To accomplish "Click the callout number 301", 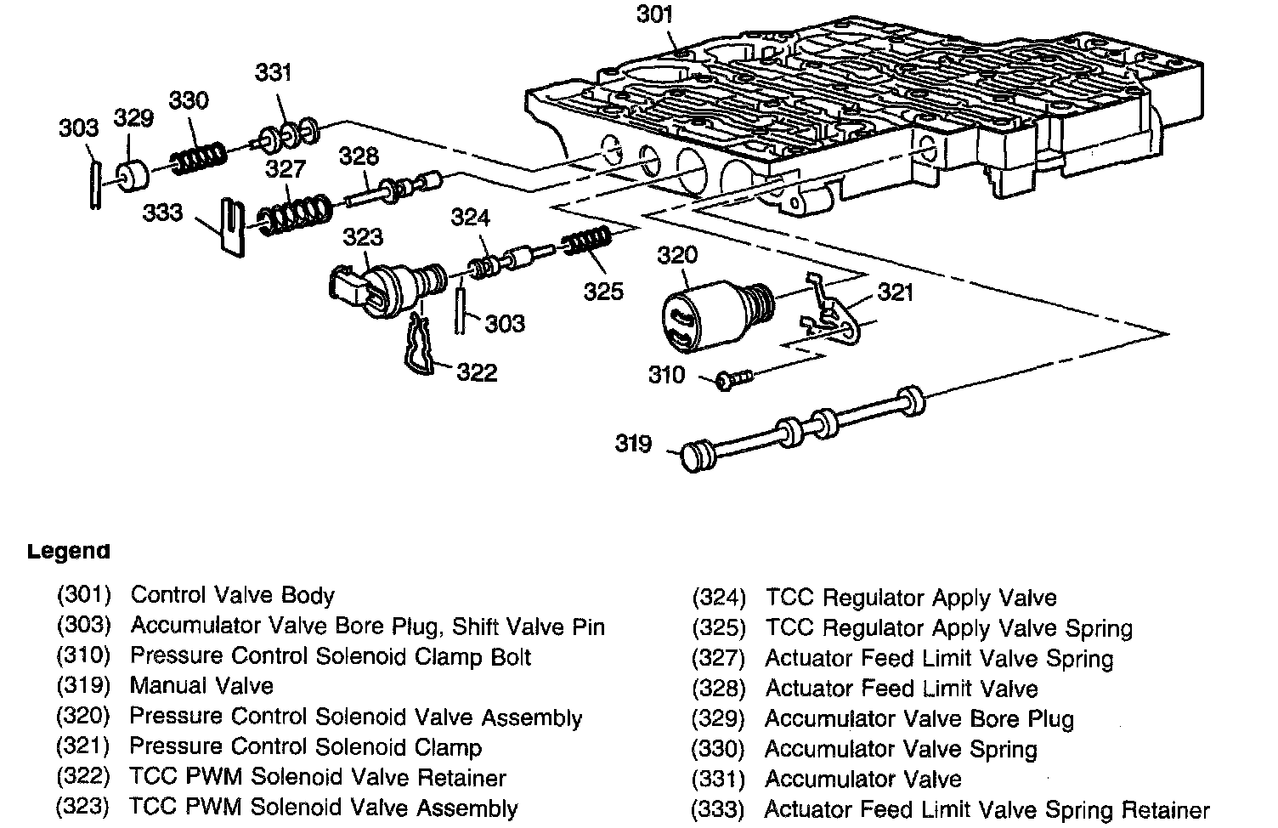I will point(654,14).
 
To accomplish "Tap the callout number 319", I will point(633,444).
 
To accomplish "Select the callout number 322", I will point(477,372).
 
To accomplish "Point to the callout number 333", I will point(162,212).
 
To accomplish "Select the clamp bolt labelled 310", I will point(730,377).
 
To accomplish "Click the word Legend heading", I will point(69,551).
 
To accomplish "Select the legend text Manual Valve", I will point(201,686).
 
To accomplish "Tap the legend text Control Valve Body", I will point(232,595).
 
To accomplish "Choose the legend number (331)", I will point(718,780).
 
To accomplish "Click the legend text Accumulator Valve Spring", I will point(901,749).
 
